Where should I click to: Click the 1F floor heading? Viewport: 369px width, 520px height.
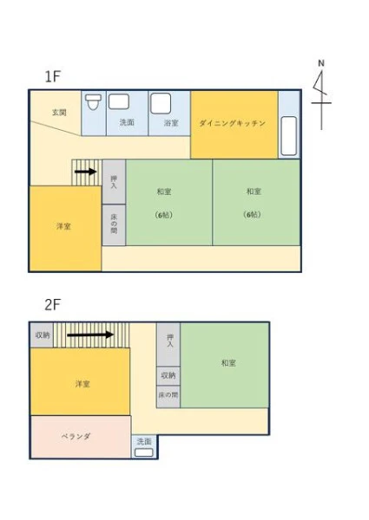coord(53,76)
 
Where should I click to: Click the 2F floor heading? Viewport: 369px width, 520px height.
coord(53,305)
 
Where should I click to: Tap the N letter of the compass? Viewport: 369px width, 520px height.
coord(321,63)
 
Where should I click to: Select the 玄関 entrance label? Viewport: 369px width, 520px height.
coord(59,113)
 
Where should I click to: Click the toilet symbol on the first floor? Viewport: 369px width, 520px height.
coord(93,102)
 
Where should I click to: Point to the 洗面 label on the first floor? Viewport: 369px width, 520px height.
coord(127,122)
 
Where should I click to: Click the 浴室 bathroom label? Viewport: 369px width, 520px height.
coord(171,123)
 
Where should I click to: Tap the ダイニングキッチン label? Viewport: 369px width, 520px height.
coord(232,123)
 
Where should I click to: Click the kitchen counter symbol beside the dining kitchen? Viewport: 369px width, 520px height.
coord(288,136)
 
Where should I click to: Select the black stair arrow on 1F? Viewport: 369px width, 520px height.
coord(86,172)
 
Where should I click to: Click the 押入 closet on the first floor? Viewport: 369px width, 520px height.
coord(114,182)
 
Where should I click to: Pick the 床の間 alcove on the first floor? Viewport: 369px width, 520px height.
coord(114,224)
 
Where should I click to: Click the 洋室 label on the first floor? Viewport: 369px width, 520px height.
coord(63,226)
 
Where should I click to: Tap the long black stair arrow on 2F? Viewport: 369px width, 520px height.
coord(90,335)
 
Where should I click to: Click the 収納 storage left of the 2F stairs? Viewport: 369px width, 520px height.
coord(42,335)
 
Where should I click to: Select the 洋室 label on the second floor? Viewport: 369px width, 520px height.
coord(82,384)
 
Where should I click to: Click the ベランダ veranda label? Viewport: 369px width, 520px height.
coord(76,436)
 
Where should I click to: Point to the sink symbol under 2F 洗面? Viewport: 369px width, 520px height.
coord(144,452)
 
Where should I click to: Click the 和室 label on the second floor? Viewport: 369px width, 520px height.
coord(228,363)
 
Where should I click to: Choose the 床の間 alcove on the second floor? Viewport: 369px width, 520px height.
coord(168,396)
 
